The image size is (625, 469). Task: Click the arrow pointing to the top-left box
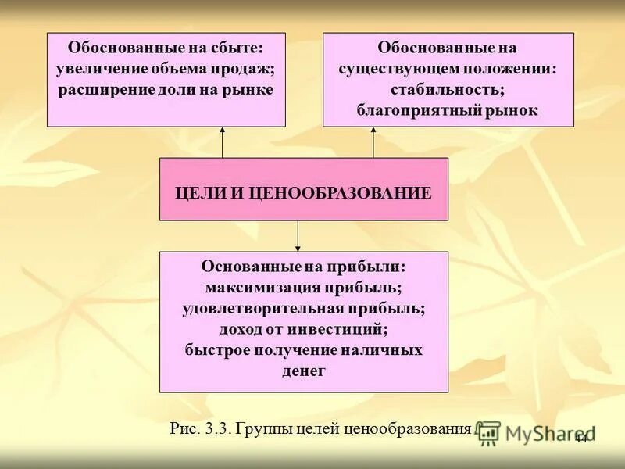[x=222, y=141]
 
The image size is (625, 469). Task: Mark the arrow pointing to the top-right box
[x=373, y=141]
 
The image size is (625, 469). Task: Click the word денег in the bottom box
[x=304, y=370]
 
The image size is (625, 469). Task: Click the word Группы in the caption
[x=262, y=429]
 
